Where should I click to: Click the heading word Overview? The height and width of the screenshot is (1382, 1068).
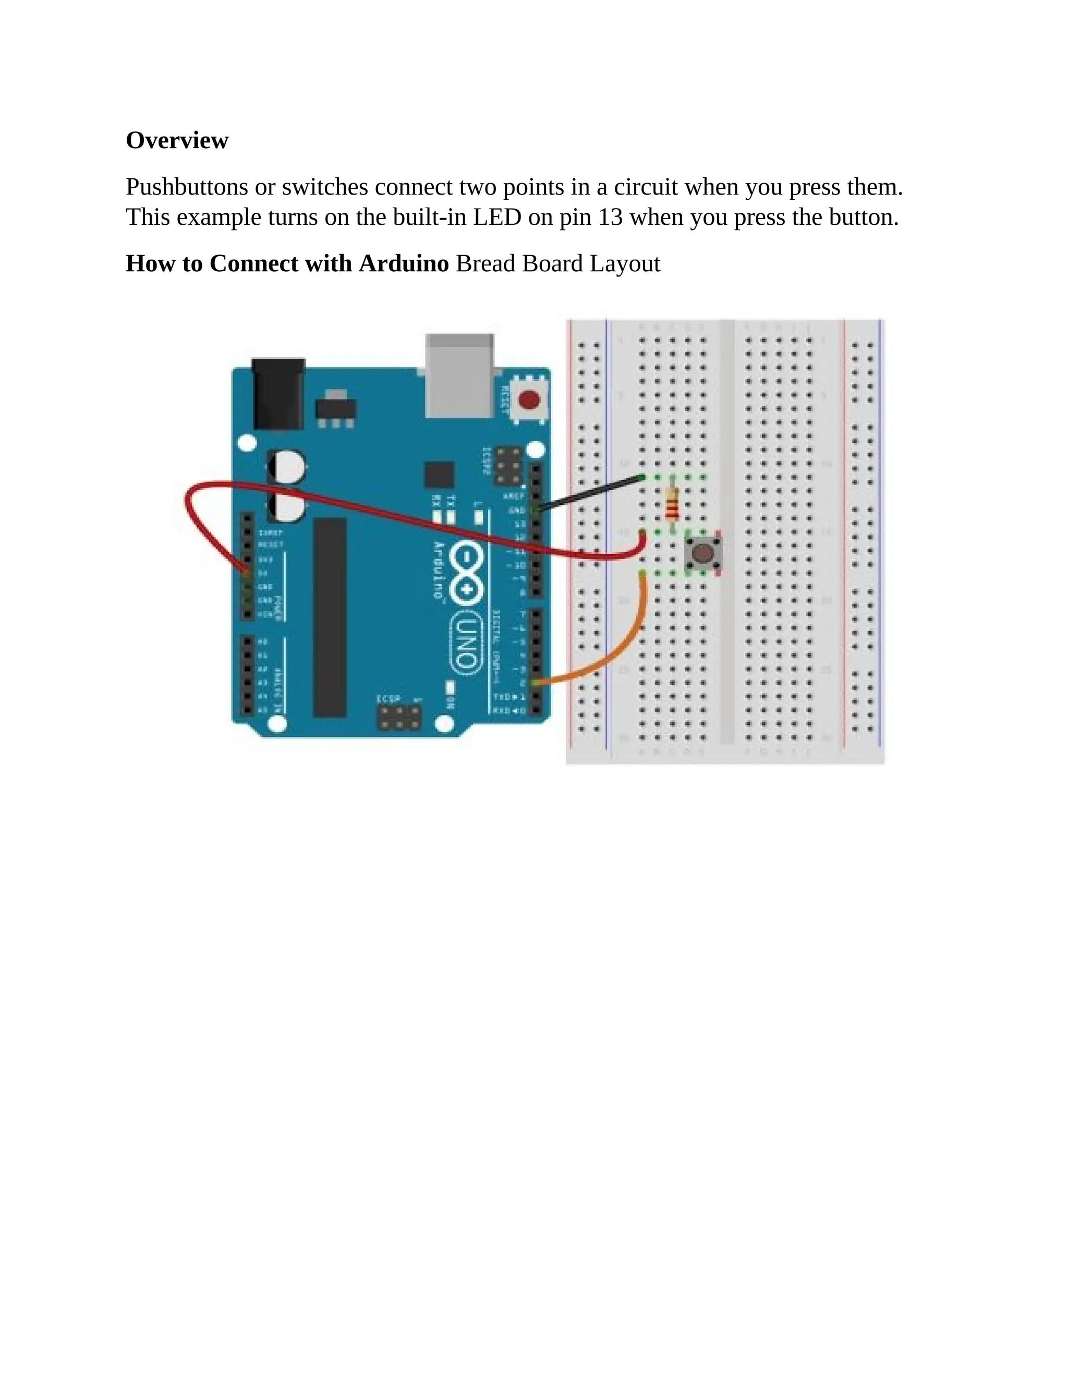[177, 140]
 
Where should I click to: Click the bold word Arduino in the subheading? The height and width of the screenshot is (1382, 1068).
[404, 264]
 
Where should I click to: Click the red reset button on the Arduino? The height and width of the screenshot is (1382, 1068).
[529, 400]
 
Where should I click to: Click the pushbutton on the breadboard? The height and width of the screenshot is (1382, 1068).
[702, 554]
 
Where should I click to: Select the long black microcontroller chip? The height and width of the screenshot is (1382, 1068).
[330, 617]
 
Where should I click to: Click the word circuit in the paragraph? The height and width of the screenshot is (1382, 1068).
[646, 187]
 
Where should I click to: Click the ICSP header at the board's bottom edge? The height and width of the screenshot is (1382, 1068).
[399, 718]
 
